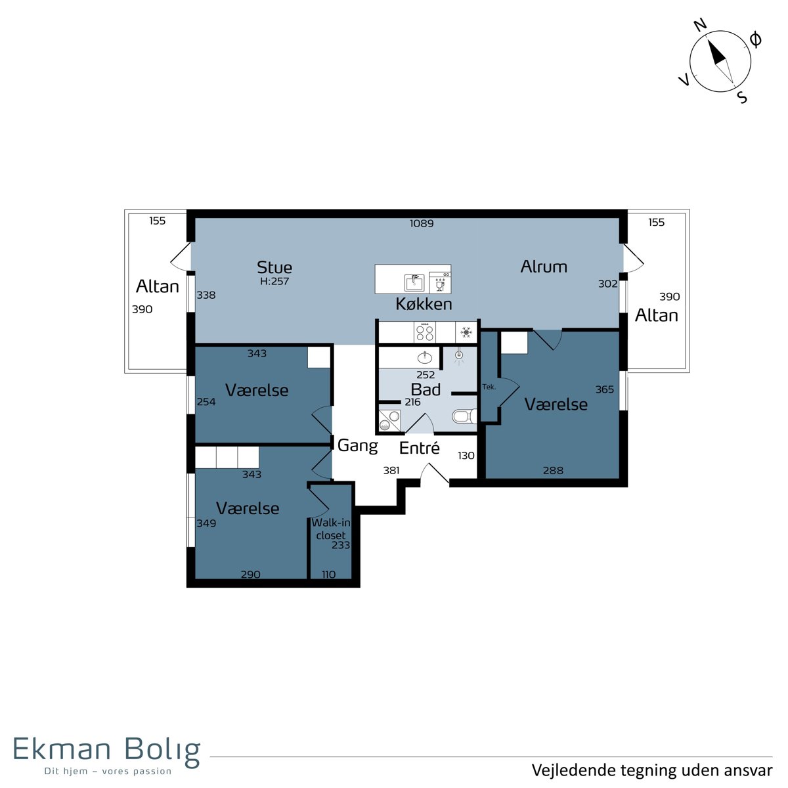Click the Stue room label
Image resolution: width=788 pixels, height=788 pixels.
pos(274,267)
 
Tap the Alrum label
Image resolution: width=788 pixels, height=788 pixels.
pos(544,267)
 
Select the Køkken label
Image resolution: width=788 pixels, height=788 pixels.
pos(424,304)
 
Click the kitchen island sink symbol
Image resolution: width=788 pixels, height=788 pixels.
pos(414,282)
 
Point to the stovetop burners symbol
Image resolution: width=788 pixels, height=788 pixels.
pos(424,332)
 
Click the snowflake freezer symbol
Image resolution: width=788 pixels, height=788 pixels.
pos(466,332)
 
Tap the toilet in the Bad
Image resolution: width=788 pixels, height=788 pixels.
pos(464,416)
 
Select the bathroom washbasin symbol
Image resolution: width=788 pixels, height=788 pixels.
pos(425,357)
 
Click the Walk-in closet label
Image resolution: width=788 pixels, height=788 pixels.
pos(331,529)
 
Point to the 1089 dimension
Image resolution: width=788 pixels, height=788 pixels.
pos(422,223)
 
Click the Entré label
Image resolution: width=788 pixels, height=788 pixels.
pos(419,448)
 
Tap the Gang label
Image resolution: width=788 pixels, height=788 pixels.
pos(357,445)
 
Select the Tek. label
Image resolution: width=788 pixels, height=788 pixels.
pos(489,386)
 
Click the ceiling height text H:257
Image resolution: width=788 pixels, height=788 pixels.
pos(274,281)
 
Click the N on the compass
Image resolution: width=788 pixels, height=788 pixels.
pos(701,26)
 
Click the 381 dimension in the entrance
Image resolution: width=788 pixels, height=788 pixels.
pos(391,470)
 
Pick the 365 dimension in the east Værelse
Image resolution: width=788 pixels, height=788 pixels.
pos(604,389)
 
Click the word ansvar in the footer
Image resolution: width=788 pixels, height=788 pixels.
pos(750,770)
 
